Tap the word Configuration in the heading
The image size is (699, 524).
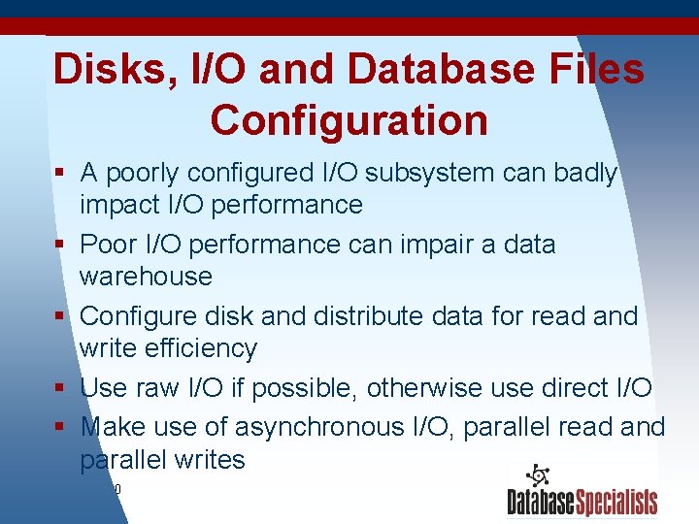[x=349, y=120]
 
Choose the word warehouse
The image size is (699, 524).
[x=146, y=277]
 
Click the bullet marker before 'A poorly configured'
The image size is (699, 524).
[x=60, y=174]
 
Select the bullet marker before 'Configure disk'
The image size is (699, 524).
[x=60, y=317]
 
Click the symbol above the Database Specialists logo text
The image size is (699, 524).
[x=538, y=476]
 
